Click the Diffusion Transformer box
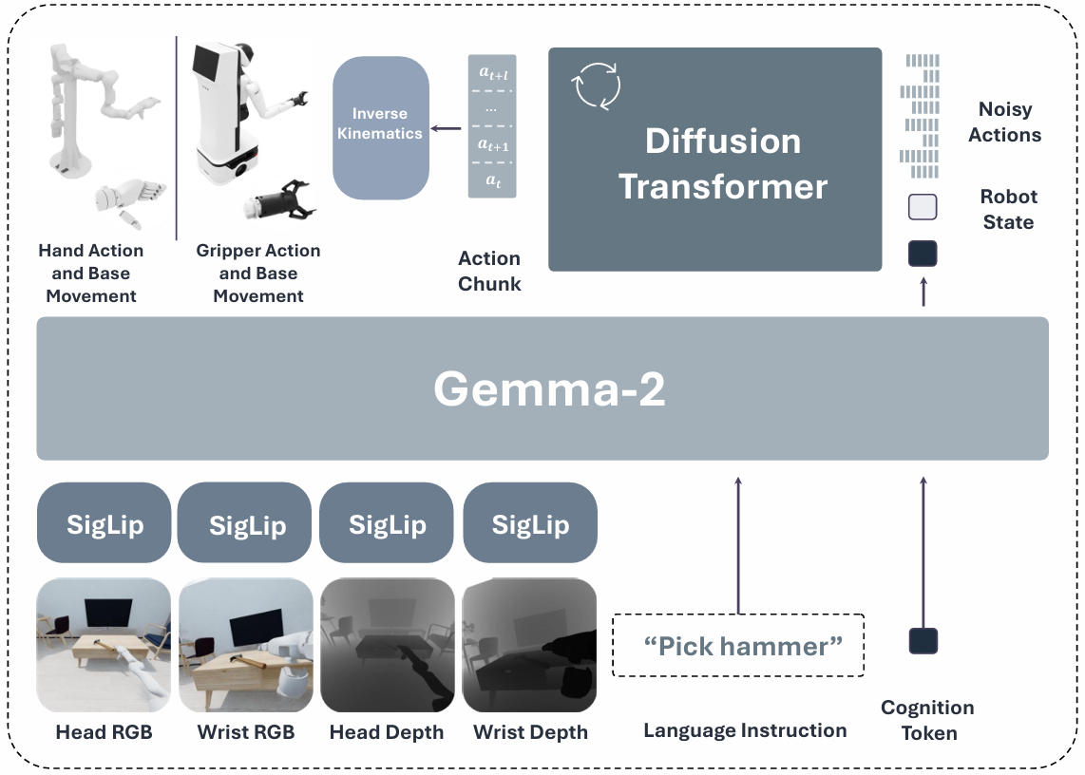pyautogui.click(x=714, y=160)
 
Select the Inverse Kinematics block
pyautogui.click(x=380, y=127)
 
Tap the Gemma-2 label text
pyautogui.click(x=549, y=388)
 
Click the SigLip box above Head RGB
pyautogui.click(x=105, y=524)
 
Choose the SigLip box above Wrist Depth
pyautogui.click(x=530, y=524)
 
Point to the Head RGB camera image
pyautogui.click(x=105, y=645)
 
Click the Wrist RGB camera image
pyautogui.click(x=246, y=645)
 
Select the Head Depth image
pyautogui.click(x=387, y=645)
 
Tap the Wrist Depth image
pyautogui.click(x=530, y=645)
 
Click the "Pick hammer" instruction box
pyautogui.click(x=739, y=646)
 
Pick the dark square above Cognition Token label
pyautogui.click(x=923, y=641)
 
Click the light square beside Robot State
pyautogui.click(x=923, y=207)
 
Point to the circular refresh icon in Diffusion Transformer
pyautogui.click(x=596, y=86)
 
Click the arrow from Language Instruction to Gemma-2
pyautogui.click(x=738, y=541)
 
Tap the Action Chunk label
pyautogui.click(x=489, y=271)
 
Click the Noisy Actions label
pyautogui.click(x=1004, y=123)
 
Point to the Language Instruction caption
pyautogui.click(x=745, y=730)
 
